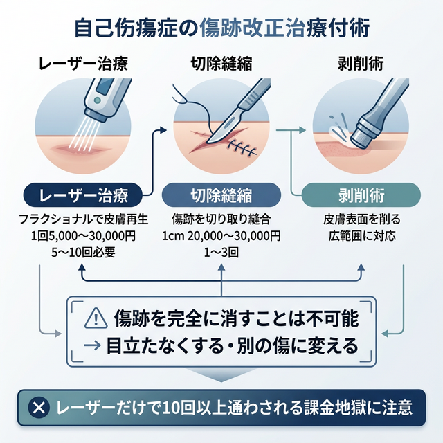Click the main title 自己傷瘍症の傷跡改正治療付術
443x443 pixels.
tap(221, 29)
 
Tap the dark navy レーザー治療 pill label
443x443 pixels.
tap(84, 193)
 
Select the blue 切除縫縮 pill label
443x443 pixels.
tap(221, 193)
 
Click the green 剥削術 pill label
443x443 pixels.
tap(361, 193)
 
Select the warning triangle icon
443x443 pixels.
tap(94, 319)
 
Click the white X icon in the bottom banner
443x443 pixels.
tap(40, 406)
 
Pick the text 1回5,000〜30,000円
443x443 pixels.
tap(84, 237)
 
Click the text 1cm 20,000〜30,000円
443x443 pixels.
tap(221, 237)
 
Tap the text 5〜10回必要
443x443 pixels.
tap(84, 253)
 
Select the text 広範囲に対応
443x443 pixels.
tap(361, 237)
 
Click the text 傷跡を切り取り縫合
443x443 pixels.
tap(221, 221)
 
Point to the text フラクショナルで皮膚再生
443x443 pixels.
tap(84, 221)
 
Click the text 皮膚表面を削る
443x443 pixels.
tap(361, 221)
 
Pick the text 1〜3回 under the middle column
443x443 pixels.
tap(221, 253)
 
